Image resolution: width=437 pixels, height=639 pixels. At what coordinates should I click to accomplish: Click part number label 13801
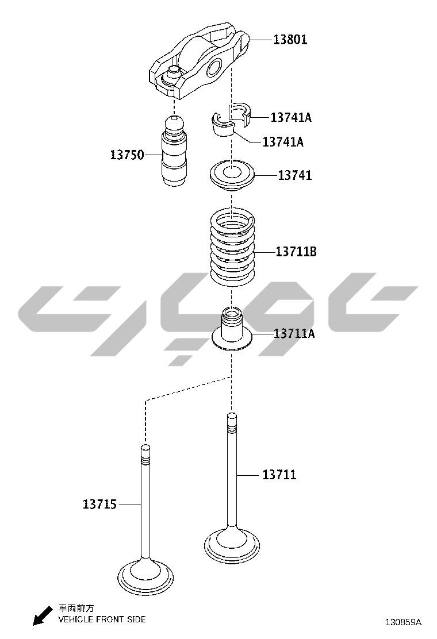point(290,40)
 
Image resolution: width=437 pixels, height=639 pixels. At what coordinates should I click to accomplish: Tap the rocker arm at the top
point(198,60)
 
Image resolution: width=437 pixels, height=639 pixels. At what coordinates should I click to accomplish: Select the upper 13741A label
point(290,117)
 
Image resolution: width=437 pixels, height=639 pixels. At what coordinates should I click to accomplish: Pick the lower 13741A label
point(283,142)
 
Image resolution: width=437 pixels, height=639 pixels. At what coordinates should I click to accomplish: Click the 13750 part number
point(126,155)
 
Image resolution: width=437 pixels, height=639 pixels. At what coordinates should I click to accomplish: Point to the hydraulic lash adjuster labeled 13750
point(175,151)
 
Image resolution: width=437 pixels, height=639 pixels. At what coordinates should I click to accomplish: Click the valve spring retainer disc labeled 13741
point(232,176)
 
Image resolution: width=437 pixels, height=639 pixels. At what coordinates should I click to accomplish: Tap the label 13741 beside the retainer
point(295,175)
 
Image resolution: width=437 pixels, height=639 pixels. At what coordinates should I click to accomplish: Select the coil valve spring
point(232,247)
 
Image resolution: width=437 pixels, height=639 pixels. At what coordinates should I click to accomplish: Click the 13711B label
point(296,252)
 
